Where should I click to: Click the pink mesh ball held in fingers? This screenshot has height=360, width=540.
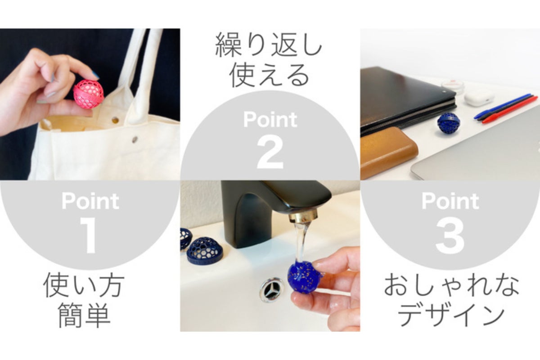click(89, 94)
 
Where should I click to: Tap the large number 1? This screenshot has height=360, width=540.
click(90, 236)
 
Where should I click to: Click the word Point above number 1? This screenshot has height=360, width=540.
click(90, 201)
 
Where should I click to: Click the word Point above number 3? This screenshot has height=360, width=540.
click(450, 201)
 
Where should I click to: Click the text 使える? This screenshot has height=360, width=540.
click(269, 76)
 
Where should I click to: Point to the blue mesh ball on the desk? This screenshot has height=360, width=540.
click(448, 123)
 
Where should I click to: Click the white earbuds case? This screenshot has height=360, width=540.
click(479, 97)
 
